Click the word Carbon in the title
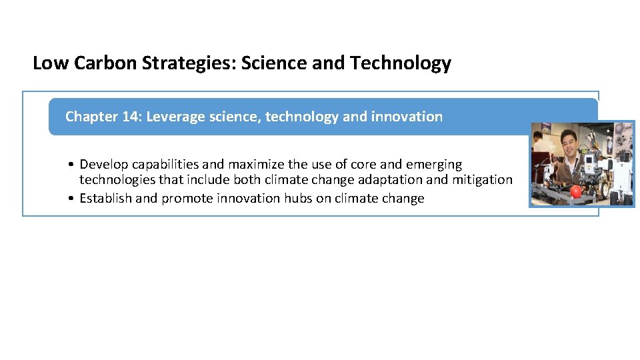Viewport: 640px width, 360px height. click(101, 63)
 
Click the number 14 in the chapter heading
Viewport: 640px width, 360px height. click(130, 117)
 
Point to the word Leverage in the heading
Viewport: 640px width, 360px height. click(175, 117)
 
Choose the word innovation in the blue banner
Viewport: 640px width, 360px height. click(407, 117)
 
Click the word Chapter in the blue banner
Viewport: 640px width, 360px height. click(91, 117)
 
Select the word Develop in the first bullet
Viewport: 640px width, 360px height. click(104, 165)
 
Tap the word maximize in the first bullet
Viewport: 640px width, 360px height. click(257, 164)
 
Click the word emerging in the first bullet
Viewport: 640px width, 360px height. click(434, 165)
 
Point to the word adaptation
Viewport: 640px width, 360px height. click(388, 180)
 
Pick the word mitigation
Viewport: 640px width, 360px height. click(481, 180)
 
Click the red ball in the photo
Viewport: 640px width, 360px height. click(576, 192)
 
